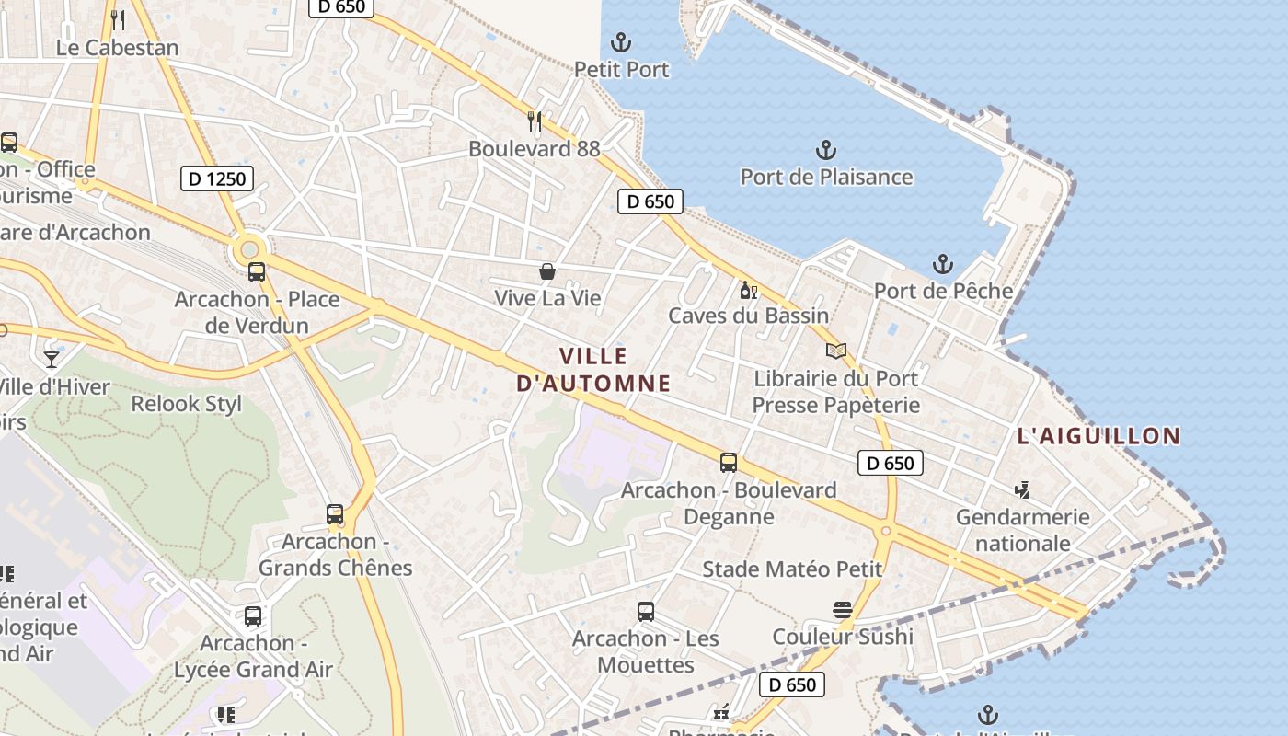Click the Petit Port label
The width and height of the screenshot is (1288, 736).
click(622, 70)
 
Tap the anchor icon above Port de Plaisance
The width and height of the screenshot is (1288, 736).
click(826, 149)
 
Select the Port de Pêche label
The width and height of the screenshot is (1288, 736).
click(943, 291)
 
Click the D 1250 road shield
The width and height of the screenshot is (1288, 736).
click(217, 178)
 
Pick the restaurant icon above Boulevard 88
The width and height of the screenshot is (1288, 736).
click(535, 121)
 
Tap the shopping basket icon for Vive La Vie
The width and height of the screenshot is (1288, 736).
click(547, 271)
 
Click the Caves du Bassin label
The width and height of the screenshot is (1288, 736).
click(748, 316)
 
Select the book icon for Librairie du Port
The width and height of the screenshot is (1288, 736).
click(835, 351)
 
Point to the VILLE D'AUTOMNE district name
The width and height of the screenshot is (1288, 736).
click(593, 369)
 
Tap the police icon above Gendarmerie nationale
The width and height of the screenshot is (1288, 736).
click(1022, 490)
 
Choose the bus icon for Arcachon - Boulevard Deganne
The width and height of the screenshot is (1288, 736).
click(729, 462)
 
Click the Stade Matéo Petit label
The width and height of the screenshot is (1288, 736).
click(792, 569)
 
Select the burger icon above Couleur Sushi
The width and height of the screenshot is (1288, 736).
click(842, 609)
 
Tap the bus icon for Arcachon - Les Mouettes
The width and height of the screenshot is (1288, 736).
click(646, 611)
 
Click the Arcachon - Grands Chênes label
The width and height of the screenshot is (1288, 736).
click(335, 554)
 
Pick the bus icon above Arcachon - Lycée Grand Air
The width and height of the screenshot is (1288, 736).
click(253, 616)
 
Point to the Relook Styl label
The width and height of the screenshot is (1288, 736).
click(186, 404)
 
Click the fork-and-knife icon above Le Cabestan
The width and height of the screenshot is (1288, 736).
click(117, 19)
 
